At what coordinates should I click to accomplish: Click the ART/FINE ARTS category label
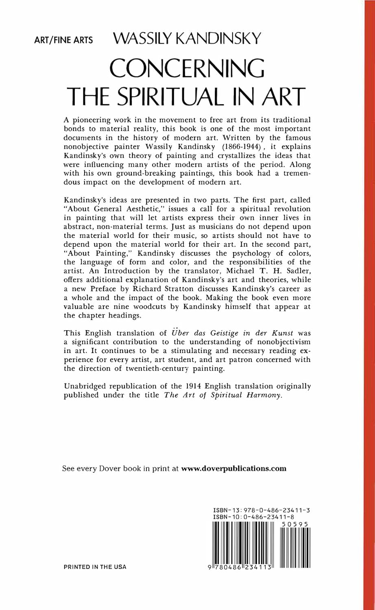(64, 41)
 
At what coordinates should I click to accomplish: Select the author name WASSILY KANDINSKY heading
(187, 39)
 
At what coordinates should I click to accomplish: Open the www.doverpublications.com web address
(234, 468)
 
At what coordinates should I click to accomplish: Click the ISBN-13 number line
(262, 510)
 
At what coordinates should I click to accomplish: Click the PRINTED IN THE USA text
(95, 567)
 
